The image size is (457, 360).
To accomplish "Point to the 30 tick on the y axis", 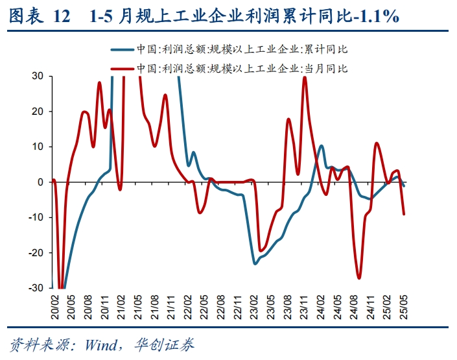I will point(38,76).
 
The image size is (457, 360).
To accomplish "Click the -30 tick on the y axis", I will point(36,288).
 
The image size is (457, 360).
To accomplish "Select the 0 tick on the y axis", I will point(40,182).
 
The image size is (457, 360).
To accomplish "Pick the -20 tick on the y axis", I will point(36,253).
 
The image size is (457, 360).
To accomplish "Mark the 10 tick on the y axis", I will point(38,147).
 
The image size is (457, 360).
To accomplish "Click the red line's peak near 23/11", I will point(305,77).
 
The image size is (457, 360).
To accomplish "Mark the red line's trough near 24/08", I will point(358,278).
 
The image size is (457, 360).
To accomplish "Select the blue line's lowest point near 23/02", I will point(255,263).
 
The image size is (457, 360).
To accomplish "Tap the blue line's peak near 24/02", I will point(321,146).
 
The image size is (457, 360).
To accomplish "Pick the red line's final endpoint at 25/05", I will point(404,214).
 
